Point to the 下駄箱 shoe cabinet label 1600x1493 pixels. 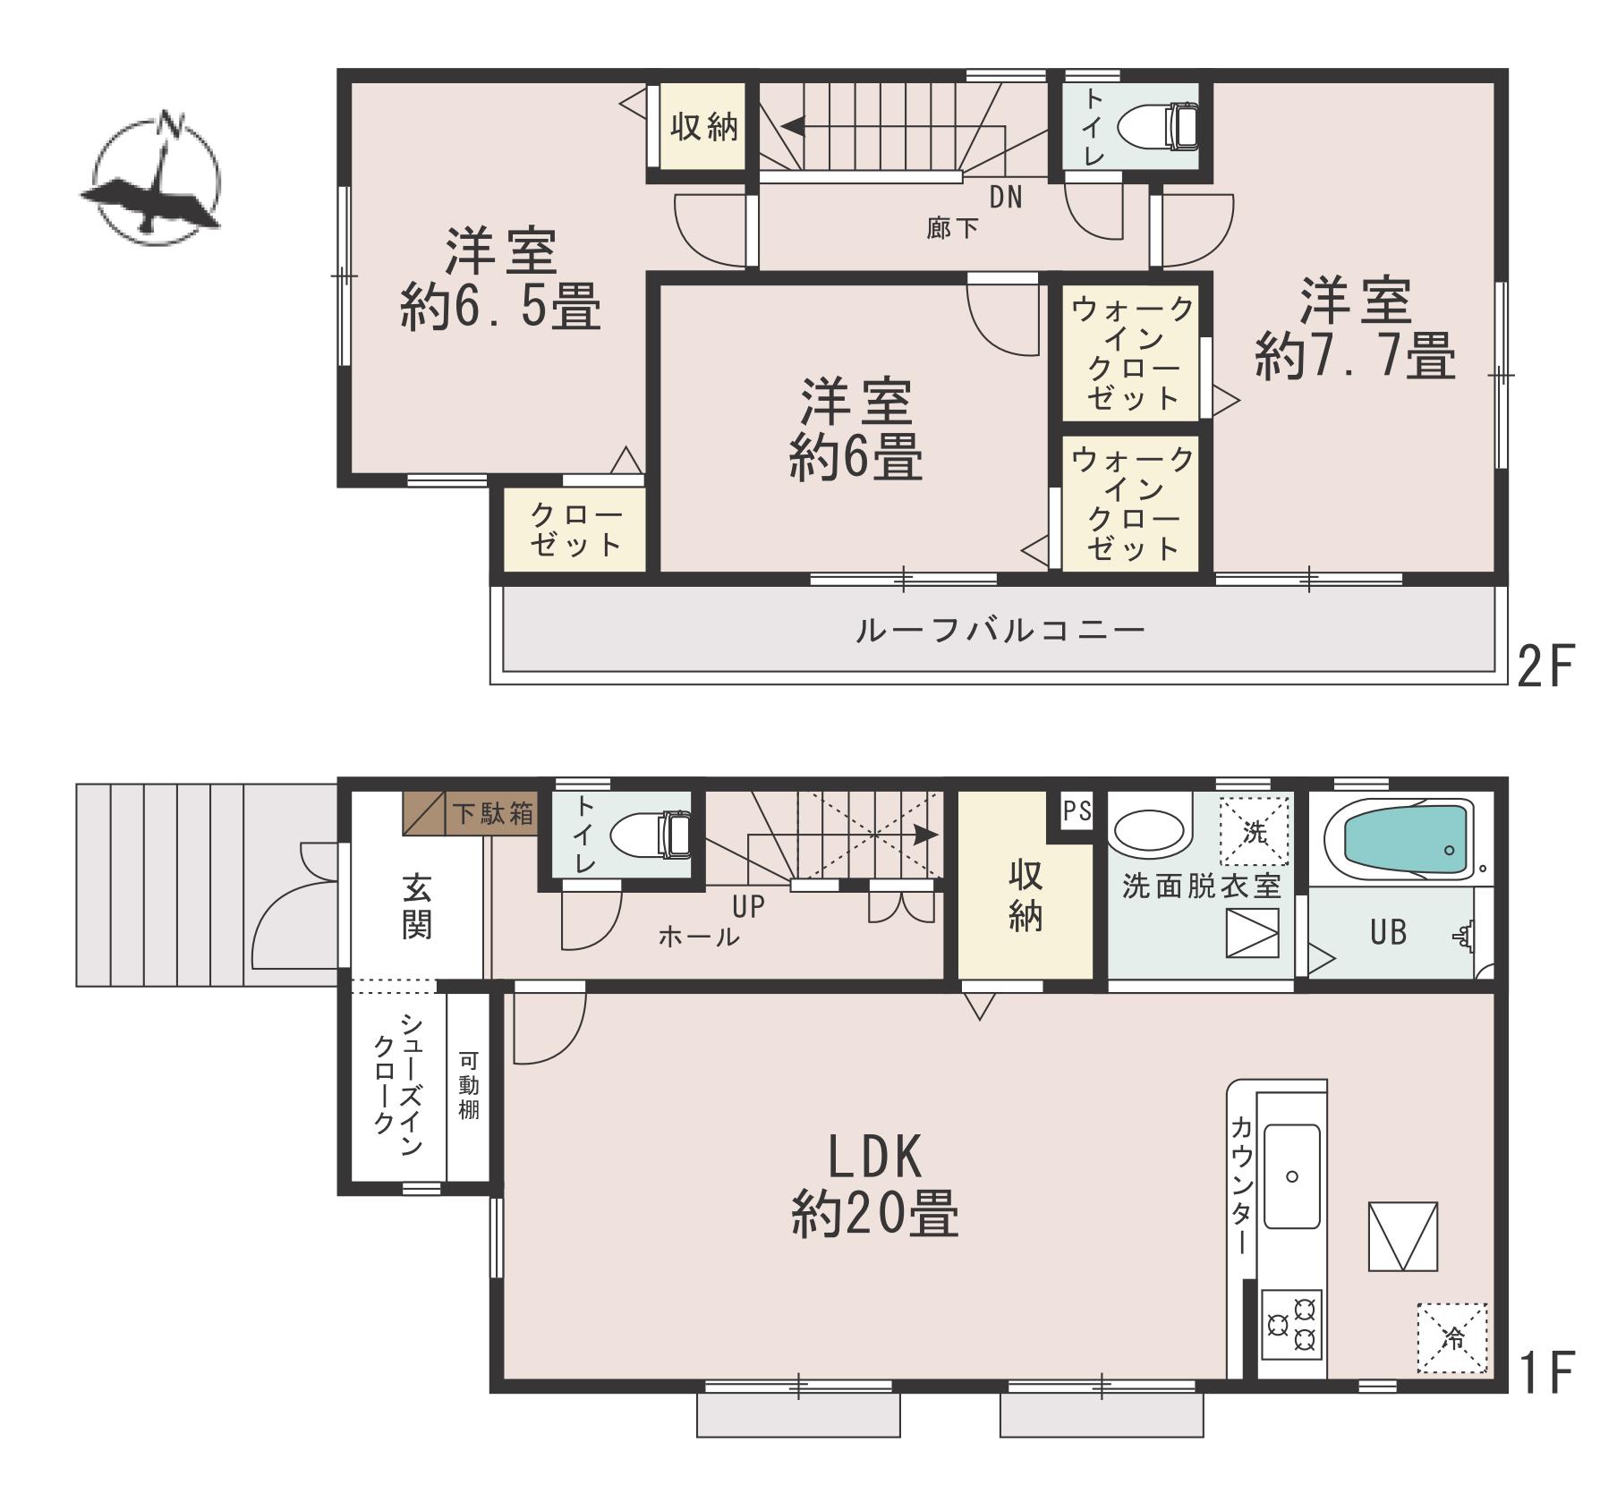[x=493, y=813]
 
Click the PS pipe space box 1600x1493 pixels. [x=1077, y=810]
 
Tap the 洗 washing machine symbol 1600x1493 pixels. [x=1255, y=832]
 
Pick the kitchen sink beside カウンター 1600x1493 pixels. [x=1291, y=1177]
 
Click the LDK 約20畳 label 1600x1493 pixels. [x=875, y=1185]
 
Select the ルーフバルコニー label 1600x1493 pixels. [x=1000, y=631]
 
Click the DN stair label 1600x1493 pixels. [x=1006, y=197]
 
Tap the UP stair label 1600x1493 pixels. [x=749, y=907]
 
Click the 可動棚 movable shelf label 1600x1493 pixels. [x=468, y=1086]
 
